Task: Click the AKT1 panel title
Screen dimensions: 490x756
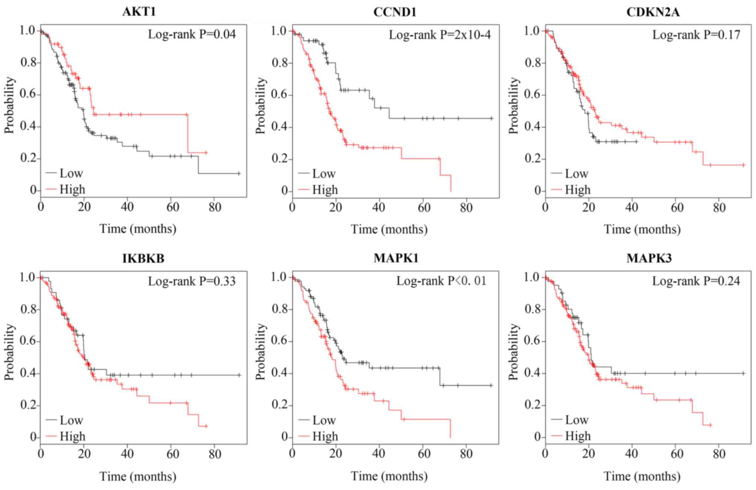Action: (x=139, y=12)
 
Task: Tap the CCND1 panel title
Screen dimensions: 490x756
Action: (x=395, y=12)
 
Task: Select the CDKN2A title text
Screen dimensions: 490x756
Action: (x=653, y=12)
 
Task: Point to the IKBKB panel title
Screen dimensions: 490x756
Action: (x=143, y=258)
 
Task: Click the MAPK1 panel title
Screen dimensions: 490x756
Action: (x=396, y=258)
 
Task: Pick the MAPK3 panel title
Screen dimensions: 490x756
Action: (x=649, y=258)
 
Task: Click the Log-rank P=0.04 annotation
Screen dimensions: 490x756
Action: (x=192, y=35)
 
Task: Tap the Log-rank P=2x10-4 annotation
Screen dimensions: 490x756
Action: (x=440, y=35)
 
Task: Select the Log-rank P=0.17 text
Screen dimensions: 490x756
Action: (x=696, y=35)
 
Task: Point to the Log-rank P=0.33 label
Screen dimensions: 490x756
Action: (x=192, y=281)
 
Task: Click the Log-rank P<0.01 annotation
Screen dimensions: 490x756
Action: (x=441, y=281)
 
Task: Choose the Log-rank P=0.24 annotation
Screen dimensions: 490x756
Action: (x=696, y=281)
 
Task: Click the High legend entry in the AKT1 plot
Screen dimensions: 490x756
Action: (x=72, y=190)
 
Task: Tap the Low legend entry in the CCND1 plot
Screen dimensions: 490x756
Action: (x=324, y=174)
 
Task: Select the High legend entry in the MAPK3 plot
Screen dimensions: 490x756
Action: (x=578, y=436)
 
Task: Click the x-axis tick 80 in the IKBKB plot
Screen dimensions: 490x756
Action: (x=215, y=454)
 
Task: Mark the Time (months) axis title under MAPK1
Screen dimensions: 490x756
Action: (x=389, y=476)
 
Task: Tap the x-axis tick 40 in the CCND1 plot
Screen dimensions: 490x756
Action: (x=379, y=207)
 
